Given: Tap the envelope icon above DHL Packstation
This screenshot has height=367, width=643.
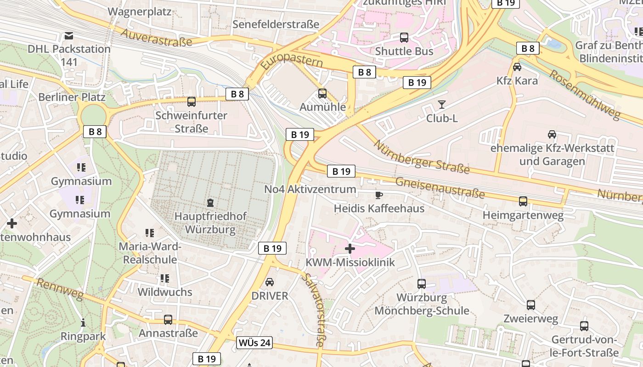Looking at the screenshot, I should pos(69,35).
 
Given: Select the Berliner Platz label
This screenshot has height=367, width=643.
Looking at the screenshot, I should pos(72,97).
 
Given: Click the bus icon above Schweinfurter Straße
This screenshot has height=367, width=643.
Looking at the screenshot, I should pos(192,101).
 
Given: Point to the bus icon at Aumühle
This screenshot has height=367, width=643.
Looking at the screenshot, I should pos(322,94).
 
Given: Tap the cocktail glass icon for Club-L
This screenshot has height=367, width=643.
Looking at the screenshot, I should pos(442,105).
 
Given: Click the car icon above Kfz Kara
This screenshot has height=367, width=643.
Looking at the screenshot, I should pos(517,67).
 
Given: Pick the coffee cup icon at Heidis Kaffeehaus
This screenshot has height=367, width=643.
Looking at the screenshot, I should pos(379,195).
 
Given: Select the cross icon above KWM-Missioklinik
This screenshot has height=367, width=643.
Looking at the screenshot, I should pos(350,249).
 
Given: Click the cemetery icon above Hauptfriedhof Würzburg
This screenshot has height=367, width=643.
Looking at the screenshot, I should pos(210,202).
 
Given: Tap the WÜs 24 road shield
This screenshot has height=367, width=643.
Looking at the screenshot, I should pos(255,342).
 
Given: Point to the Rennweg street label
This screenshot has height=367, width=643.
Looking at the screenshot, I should pos(59,289).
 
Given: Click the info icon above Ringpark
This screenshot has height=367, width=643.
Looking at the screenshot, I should pos(83,323).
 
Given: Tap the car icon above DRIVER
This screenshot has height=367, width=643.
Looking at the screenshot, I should pos(270,282).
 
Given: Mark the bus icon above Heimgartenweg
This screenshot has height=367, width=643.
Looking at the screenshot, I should pos(523,201).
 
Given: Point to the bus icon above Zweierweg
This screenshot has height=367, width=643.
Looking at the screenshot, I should pos(531,305).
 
